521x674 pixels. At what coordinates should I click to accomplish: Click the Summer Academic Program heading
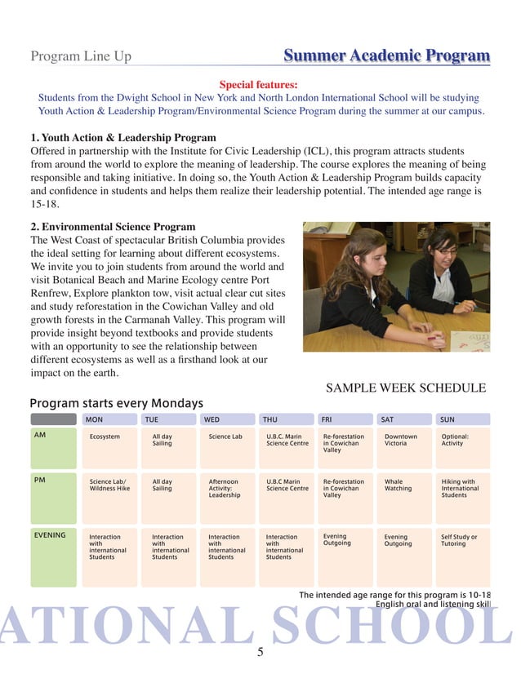click(386, 56)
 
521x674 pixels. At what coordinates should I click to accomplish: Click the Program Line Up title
click(80, 57)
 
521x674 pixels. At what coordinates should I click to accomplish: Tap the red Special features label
click(259, 84)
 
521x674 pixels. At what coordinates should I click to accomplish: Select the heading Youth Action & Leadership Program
click(123, 138)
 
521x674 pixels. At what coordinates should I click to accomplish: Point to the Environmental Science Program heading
click(113, 226)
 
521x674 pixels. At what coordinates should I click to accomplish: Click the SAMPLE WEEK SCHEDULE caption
click(406, 388)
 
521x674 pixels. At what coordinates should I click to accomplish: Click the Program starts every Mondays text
click(116, 404)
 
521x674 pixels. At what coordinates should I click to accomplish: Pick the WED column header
click(211, 419)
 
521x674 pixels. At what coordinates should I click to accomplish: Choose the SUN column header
click(448, 419)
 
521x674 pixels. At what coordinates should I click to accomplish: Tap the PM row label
click(39, 481)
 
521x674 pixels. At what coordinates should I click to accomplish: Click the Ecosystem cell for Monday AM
click(105, 437)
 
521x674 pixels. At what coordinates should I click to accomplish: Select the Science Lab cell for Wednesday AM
click(225, 437)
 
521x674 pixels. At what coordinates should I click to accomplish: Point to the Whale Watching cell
click(399, 486)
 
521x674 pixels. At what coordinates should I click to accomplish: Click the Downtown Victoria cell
click(401, 441)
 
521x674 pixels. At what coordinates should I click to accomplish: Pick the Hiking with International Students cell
click(460, 489)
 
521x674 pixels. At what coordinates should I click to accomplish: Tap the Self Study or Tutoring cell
click(459, 540)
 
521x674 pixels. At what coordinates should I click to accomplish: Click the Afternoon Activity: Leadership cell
click(225, 489)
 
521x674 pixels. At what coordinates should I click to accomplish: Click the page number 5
click(260, 652)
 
